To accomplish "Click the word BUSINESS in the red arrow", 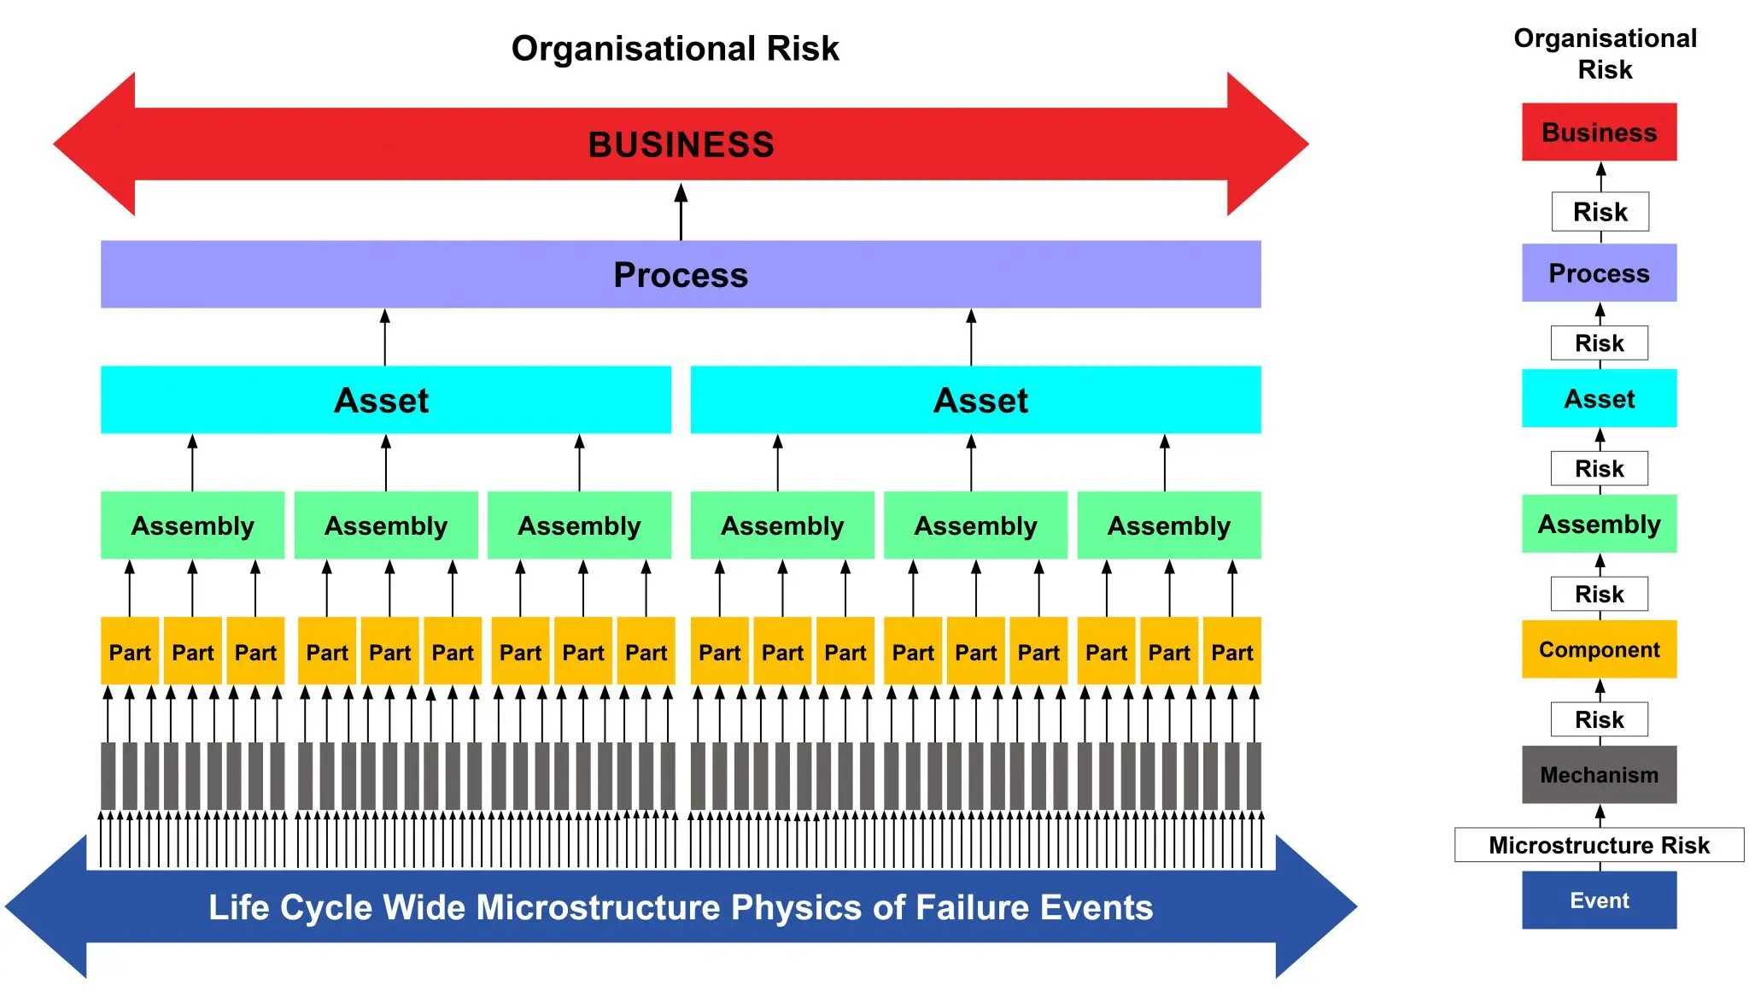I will coord(681,144).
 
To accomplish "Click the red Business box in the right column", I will coord(1599,132).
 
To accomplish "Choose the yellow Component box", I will coord(1599,649).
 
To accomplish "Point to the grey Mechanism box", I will coord(1599,775).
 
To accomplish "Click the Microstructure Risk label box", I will coord(1599,845).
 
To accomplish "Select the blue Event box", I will coord(1599,900).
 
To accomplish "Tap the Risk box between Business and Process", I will coord(1600,212).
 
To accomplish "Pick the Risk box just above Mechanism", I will coord(1600,719).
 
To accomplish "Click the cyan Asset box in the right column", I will coord(1599,399).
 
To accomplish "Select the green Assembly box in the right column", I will coord(1599,524).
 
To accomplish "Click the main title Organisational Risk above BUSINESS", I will coord(675,49).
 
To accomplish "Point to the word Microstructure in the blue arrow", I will coord(598,907).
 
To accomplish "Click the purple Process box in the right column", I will coord(1599,273).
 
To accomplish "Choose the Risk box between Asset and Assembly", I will coord(1600,468).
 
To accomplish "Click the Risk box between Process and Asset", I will coord(1600,343).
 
